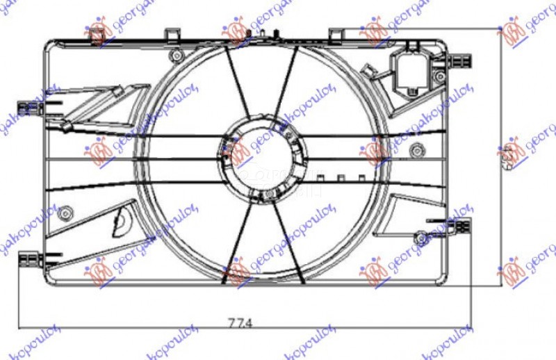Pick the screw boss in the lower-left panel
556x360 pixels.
tap(66, 211)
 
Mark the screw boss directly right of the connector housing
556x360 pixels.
tap(439, 74)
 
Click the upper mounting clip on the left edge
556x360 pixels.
tap(31, 108)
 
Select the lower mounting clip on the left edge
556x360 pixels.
tap(31, 260)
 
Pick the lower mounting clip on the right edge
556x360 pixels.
tap(460, 226)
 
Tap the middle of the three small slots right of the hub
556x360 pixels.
tap(341, 177)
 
